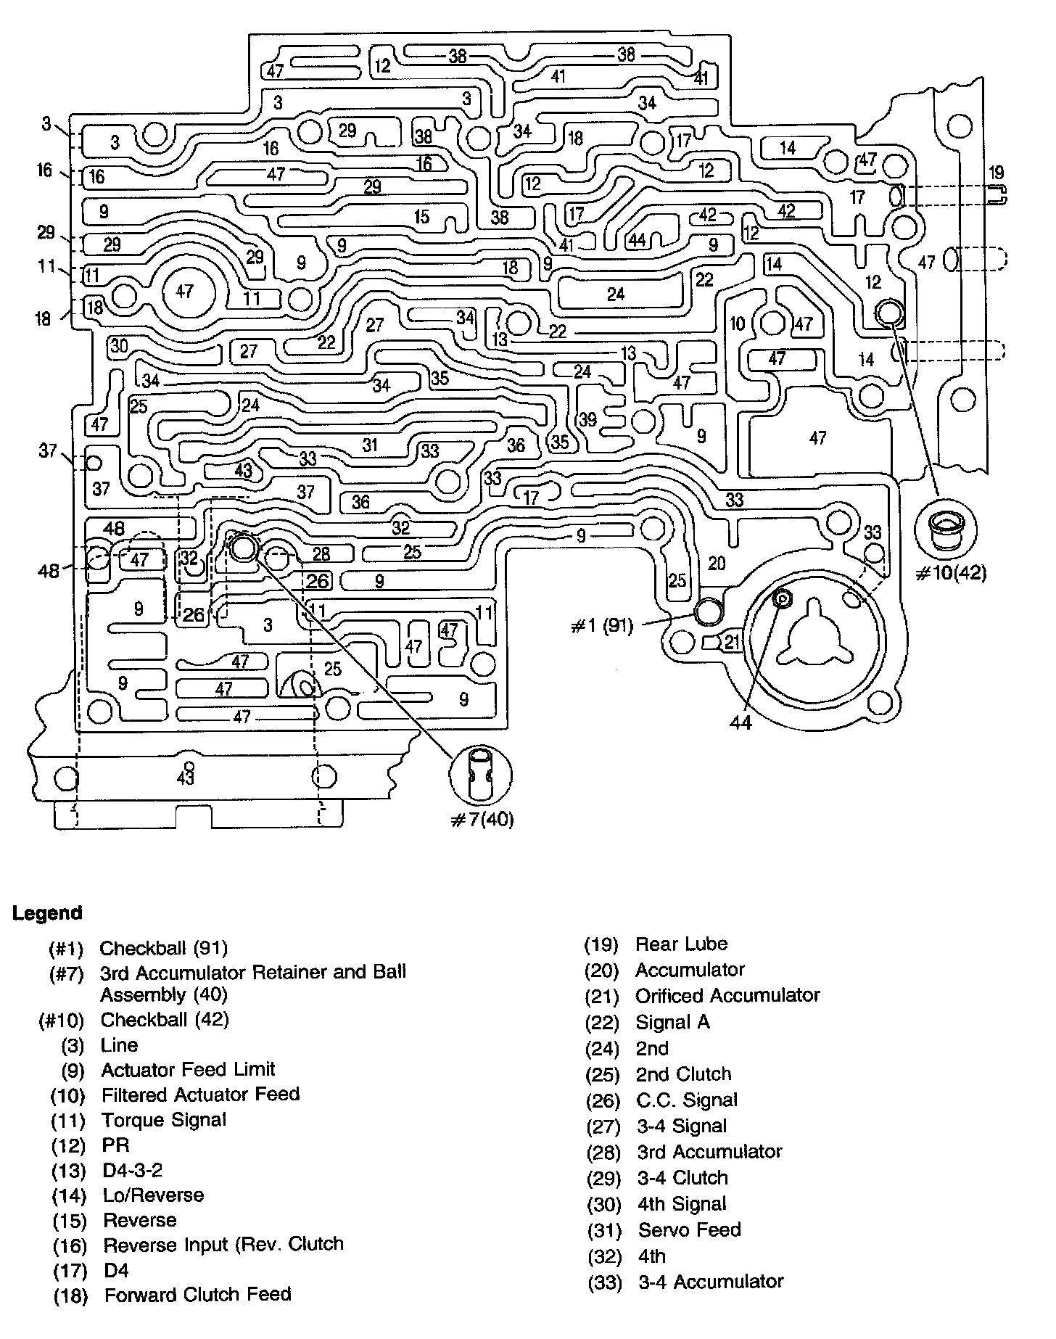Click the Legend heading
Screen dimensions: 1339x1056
[x=47, y=912]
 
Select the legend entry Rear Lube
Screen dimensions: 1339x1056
[x=681, y=944]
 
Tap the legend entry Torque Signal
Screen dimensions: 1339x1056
[x=164, y=1120]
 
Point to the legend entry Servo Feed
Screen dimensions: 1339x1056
[x=689, y=1229]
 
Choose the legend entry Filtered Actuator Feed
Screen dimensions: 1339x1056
[x=200, y=1094]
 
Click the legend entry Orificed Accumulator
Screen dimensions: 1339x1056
[x=727, y=995]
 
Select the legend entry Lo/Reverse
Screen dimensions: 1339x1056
[x=153, y=1195]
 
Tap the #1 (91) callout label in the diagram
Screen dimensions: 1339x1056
[x=602, y=626]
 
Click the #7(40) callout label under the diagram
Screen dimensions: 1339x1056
[x=482, y=820]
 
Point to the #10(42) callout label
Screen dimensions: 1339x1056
[x=952, y=572]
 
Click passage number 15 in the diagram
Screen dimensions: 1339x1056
[x=421, y=216]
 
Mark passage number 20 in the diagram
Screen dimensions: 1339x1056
[x=716, y=563]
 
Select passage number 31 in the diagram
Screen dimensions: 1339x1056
[x=370, y=445]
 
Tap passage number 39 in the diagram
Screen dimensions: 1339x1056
[x=587, y=419]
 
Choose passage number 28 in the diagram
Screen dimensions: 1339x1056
[x=321, y=553]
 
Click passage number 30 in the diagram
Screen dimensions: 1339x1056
[x=119, y=346]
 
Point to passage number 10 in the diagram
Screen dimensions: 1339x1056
[x=737, y=324]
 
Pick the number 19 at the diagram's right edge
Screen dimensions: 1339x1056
[x=996, y=173]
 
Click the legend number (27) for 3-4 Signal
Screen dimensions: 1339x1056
[x=602, y=1126]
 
